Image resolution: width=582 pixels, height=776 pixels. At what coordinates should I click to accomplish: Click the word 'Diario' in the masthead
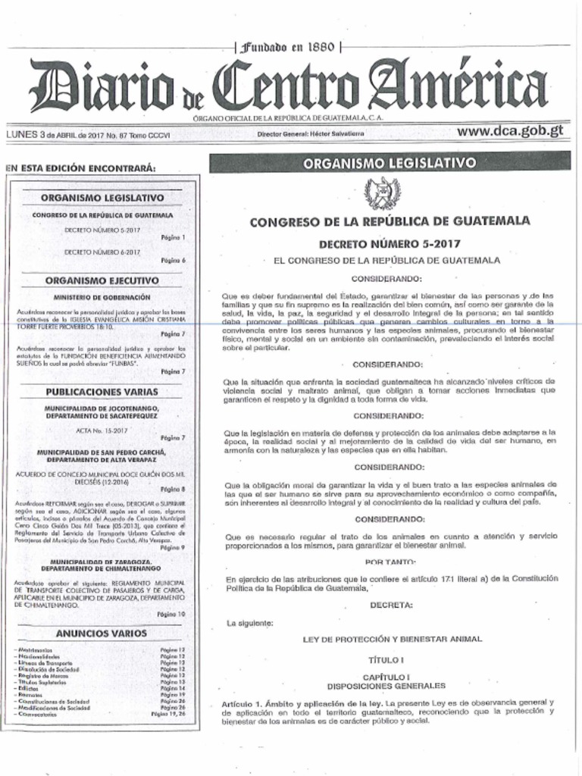click(x=102, y=89)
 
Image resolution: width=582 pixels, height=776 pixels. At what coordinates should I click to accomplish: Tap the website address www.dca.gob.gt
click(x=510, y=130)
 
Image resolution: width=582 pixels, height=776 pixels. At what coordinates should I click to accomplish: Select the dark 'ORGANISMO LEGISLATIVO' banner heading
click(x=389, y=162)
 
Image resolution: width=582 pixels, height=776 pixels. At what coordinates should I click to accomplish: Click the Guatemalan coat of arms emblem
click(x=382, y=193)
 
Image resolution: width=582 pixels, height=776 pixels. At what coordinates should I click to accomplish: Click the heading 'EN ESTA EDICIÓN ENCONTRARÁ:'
click(x=80, y=167)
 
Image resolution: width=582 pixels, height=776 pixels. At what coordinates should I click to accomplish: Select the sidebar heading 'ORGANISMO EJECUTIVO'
click(x=102, y=280)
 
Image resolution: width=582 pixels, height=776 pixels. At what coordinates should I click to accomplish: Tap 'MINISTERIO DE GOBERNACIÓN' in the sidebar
click(x=102, y=297)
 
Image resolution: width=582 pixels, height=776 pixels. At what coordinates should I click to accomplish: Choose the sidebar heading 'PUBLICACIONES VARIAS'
click(x=102, y=392)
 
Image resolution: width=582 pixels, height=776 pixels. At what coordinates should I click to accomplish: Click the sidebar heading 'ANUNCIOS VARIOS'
click(x=102, y=632)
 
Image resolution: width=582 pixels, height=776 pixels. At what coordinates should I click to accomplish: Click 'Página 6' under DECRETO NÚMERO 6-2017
click(x=174, y=260)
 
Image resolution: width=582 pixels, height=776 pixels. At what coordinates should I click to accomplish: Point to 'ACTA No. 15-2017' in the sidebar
click(x=102, y=430)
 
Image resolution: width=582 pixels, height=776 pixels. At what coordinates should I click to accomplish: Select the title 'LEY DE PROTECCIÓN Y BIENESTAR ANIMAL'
click(x=392, y=640)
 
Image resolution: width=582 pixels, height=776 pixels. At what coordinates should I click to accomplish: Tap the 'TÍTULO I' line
click(x=386, y=660)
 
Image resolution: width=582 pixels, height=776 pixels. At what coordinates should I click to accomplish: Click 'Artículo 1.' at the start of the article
click(x=242, y=704)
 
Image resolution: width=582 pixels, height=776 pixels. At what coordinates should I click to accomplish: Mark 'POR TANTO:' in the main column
click(x=390, y=562)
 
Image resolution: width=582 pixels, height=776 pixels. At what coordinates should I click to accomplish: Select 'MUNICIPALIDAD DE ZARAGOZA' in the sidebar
click(x=102, y=561)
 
